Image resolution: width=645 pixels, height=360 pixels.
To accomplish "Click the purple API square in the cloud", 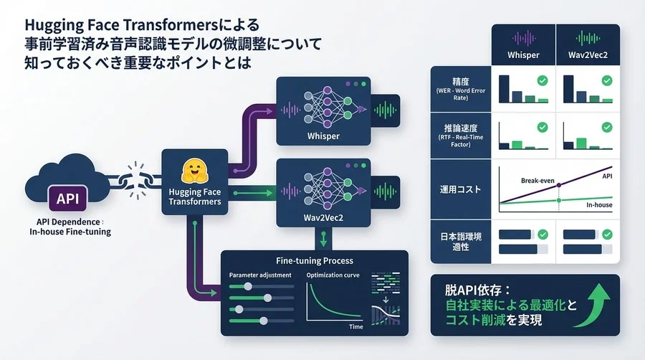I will point(68,196).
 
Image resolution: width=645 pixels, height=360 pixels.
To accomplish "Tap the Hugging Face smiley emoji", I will point(194,171).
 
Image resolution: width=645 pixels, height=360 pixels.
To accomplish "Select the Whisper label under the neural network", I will point(322,136).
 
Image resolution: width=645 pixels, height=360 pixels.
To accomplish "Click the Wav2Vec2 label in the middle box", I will point(322,216).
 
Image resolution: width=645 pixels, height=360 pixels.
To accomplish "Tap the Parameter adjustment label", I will point(261,275).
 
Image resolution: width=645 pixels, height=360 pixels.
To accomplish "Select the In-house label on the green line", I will point(600,204).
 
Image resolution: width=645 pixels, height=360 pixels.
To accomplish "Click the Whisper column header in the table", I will point(523,55).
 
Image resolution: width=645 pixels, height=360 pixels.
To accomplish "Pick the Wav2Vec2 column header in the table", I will point(588,55).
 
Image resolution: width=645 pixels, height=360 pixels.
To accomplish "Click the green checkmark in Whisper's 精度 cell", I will point(543,81).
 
